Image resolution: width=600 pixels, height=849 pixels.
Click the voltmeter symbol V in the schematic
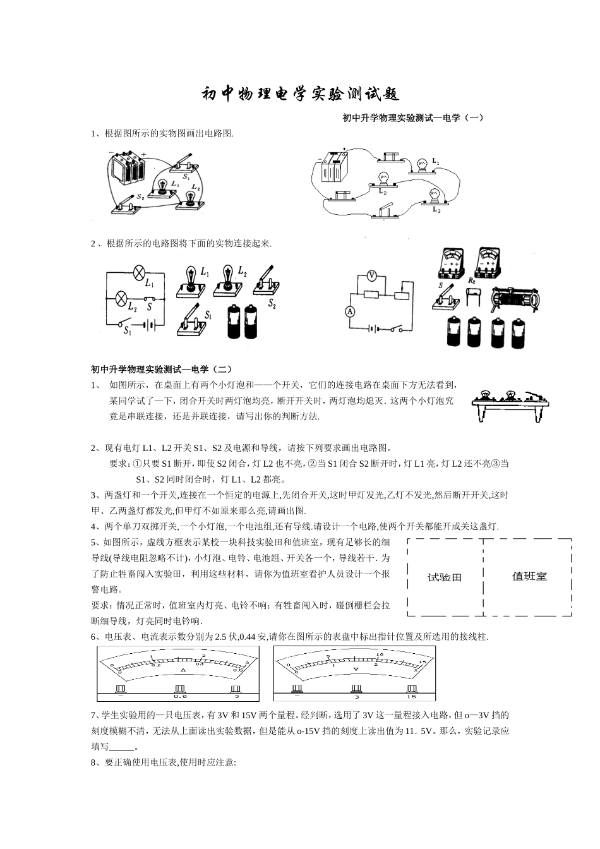click(373, 276)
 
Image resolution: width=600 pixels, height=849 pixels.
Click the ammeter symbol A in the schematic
click(348, 311)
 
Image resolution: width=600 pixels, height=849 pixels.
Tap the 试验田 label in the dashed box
click(445, 577)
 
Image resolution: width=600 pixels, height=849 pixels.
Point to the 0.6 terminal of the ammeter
click(181, 690)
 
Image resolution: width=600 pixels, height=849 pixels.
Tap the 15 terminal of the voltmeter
click(412, 690)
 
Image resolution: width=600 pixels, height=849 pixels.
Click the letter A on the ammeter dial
click(183, 670)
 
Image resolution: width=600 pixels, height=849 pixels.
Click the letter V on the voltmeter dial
click(356, 668)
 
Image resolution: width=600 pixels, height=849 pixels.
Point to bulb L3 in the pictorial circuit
click(434, 195)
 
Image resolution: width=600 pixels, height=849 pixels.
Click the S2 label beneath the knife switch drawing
click(272, 304)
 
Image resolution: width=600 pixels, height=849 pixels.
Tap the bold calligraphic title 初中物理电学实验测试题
click(300, 94)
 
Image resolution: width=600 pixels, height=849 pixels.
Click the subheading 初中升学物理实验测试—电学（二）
click(162, 368)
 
